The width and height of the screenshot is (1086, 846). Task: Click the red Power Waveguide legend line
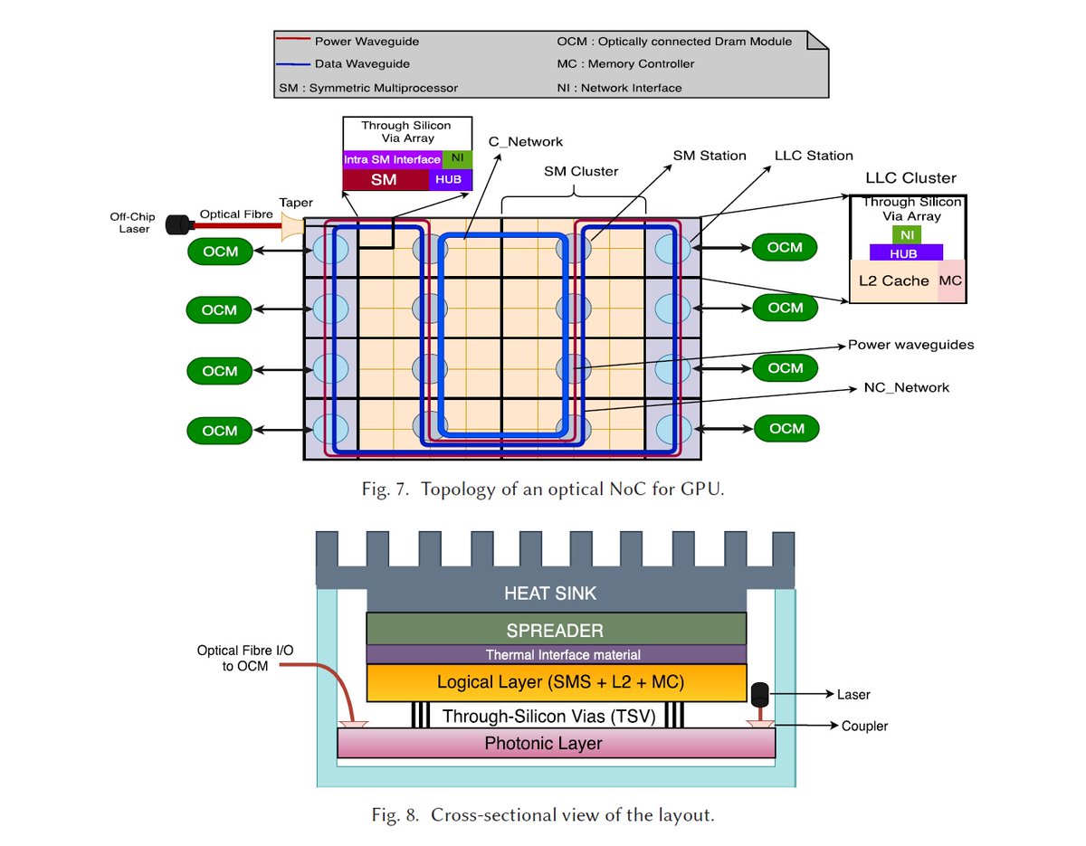(294, 41)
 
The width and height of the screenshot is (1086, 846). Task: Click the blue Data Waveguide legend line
(294, 64)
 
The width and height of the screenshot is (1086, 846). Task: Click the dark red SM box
(385, 179)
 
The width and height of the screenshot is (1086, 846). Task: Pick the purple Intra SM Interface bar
(392, 159)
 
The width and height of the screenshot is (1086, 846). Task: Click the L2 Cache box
(893, 280)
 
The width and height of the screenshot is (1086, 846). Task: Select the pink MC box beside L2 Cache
(950, 280)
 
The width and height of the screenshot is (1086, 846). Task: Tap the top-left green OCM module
(219, 252)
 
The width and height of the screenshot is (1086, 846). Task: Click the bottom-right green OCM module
(786, 428)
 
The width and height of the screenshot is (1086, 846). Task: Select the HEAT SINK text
(550, 594)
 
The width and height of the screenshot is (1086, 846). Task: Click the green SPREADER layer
(556, 629)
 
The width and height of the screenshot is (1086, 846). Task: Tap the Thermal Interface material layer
(556, 654)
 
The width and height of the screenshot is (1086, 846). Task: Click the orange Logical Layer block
(556, 681)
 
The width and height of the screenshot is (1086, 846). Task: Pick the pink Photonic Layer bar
(556, 744)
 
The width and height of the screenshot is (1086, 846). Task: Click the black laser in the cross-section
(760, 693)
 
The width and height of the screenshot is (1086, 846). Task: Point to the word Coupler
(864, 726)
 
